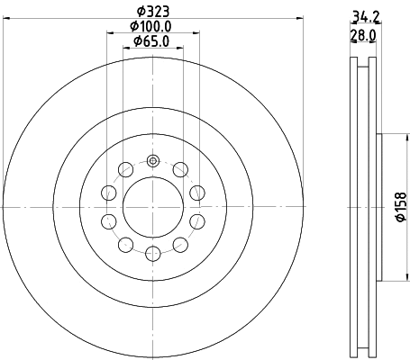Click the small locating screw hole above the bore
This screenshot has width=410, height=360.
click(x=152, y=161)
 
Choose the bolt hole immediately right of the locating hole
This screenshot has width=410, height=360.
click(x=180, y=169)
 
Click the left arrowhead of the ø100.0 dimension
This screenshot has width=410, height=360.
click(x=110, y=34)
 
